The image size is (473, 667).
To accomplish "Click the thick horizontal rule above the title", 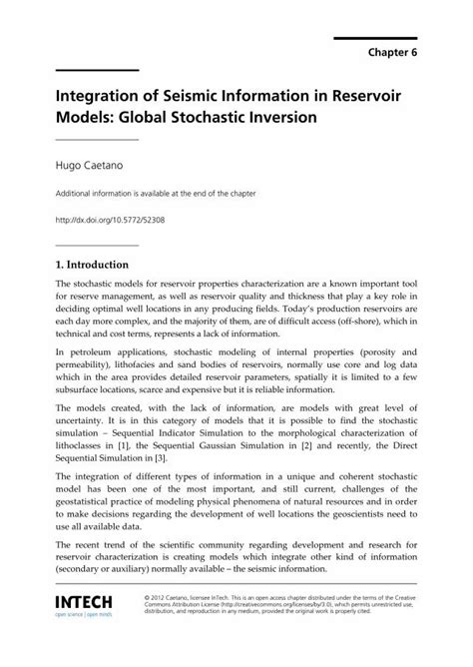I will (97, 70).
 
